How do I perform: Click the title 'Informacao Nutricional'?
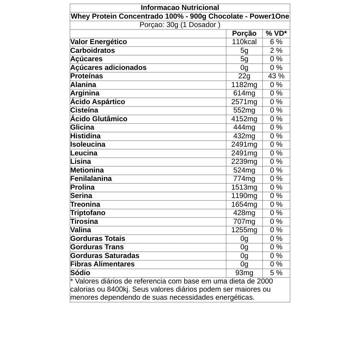coord(180,7)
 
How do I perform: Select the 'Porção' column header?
coord(244,33)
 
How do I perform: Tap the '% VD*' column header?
coord(276,33)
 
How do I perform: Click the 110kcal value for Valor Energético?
coord(244,42)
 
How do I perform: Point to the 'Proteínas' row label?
coord(87,76)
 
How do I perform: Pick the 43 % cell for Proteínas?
coord(276,76)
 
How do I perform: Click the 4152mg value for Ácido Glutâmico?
coord(244,119)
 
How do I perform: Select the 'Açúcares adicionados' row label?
coord(108,67)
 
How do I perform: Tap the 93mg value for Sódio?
coord(244,273)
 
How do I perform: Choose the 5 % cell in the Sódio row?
coord(276,273)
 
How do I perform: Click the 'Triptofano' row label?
coord(88,213)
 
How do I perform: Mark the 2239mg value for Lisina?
coord(244,161)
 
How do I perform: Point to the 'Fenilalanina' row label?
coord(91,178)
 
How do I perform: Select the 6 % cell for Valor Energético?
coord(276,42)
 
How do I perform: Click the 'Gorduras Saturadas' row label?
coord(105,256)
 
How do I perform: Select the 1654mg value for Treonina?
coord(244,204)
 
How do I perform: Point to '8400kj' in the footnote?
coord(117,289)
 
